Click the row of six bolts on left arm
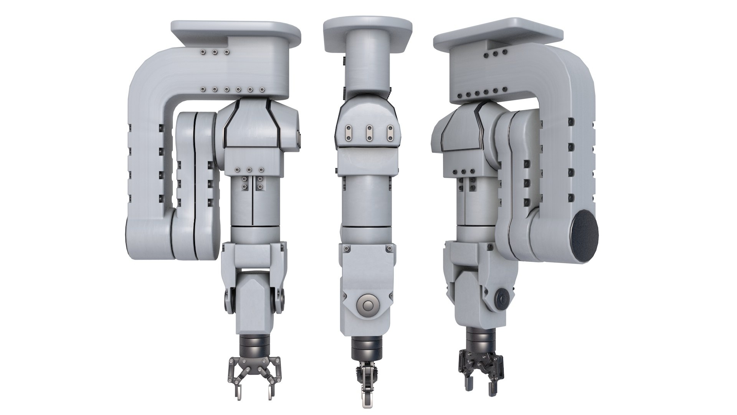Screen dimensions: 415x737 coord(233,90)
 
